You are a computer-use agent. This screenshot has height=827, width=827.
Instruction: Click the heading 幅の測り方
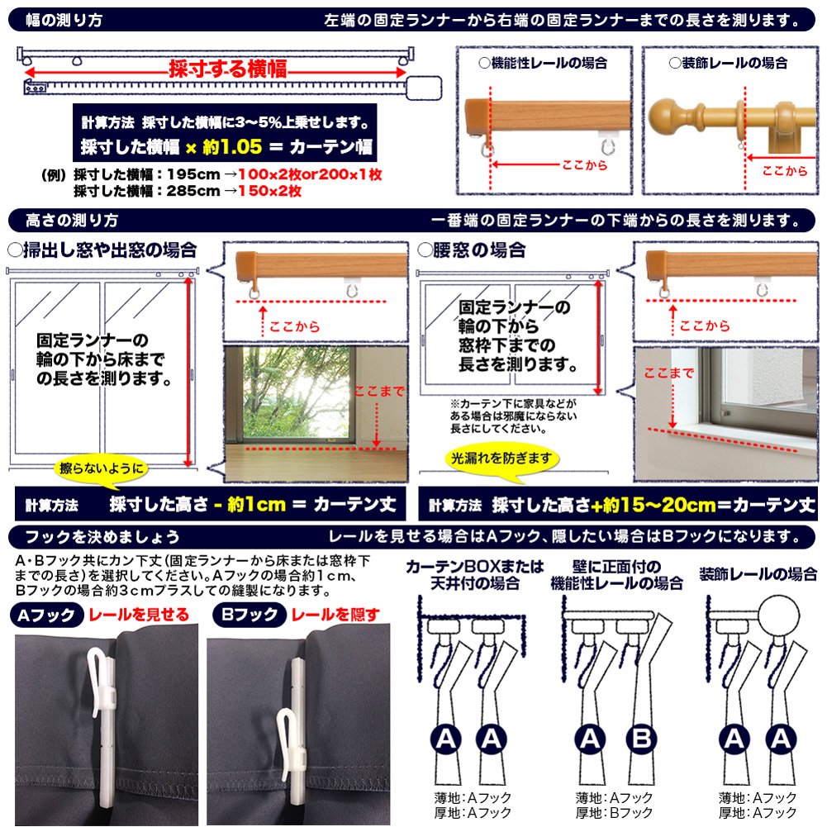(x=64, y=20)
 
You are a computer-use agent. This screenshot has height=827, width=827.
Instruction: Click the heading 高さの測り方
(x=72, y=220)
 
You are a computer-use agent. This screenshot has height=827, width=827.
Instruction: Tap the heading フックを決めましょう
(x=102, y=537)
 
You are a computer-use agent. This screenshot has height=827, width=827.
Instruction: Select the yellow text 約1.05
(x=232, y=146)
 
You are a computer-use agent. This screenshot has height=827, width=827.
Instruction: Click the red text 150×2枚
(x=269, y=191)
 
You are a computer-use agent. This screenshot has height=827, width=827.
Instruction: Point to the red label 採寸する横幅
(x=228, y=69)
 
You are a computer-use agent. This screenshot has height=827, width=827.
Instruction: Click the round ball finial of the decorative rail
(x=663, y=115)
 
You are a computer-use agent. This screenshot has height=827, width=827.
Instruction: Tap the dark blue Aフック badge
(x=46, y=615)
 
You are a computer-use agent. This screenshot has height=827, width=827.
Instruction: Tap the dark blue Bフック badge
(x=250, y=615)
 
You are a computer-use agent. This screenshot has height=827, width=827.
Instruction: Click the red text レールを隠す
(x=335, y=615)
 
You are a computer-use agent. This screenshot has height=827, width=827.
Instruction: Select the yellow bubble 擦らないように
(x=102, y=468)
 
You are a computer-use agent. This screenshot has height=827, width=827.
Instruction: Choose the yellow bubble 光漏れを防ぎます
(x=501, y=459)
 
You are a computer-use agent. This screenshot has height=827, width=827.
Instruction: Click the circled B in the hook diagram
(x=641, y=739)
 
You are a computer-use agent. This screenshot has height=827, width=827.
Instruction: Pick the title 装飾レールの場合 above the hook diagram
(x=758, y=574)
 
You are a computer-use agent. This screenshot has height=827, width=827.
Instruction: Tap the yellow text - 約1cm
(x=250, y=505)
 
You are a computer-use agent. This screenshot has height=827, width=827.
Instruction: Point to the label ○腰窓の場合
(x=472, y=250)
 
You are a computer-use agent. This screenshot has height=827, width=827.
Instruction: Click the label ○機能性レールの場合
(x=543, y=64)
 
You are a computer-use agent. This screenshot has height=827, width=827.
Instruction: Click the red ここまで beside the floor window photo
(x=379, y=392)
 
